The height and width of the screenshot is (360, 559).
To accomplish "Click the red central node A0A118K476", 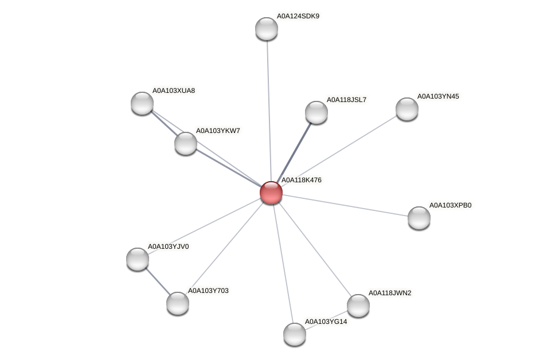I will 271,193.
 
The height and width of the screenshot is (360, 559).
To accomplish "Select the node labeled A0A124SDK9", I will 267,29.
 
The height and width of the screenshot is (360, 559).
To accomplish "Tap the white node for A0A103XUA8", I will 142,103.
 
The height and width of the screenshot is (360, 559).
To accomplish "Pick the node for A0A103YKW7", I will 186,143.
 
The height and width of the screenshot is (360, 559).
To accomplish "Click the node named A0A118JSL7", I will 316,112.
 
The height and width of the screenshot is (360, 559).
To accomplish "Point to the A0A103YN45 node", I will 407,109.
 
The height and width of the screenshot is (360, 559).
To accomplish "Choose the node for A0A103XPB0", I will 419,218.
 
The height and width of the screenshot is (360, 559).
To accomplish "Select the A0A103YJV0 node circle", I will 138,259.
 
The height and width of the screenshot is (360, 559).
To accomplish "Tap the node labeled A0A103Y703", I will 178,303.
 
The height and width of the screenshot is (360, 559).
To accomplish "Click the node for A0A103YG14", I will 295,334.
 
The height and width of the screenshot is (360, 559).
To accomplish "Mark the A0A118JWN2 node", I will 358,306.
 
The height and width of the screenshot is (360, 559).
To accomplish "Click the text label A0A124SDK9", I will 298,16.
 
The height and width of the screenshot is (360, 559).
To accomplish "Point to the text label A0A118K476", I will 302,180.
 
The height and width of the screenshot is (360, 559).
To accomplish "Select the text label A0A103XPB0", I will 451,205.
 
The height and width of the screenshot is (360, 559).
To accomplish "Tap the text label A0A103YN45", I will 438,96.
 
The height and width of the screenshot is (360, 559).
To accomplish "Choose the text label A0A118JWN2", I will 390,293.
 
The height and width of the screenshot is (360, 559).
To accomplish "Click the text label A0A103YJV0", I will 169,246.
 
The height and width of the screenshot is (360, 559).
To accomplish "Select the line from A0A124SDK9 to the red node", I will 268,109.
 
